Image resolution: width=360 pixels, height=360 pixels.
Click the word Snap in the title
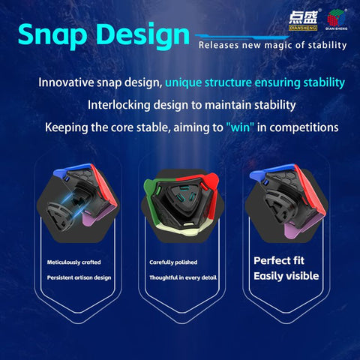coord(52,35)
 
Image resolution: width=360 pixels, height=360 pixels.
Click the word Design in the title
coord(144,35)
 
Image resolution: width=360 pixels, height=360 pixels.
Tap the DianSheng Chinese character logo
coord(303,21)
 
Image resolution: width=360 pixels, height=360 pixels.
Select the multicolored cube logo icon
coord(336,18)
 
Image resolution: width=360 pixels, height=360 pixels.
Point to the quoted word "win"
coord(240,127)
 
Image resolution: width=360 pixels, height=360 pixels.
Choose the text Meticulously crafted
coord(74,262)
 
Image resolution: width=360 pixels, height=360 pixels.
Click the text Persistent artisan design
coord(79,277)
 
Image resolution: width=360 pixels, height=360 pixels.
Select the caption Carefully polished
coord(173,262)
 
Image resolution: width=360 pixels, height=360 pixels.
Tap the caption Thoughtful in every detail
coord(183,277)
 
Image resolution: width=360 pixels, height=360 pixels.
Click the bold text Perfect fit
coord(279,261)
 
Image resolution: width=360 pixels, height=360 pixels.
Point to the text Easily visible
coord(286,276)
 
